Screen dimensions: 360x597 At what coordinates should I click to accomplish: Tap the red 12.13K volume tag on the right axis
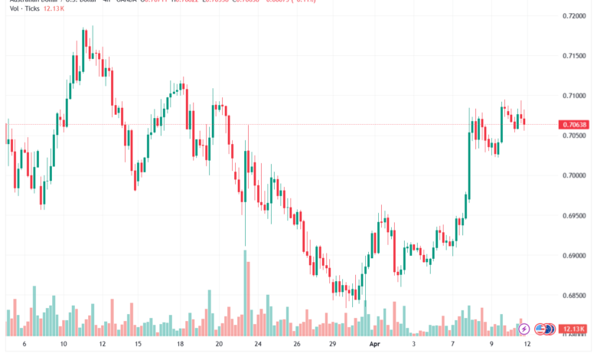pyautogui.click(x=573, y=328)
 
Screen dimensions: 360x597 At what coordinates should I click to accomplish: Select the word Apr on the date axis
pyautogui.click(x=374, y=346)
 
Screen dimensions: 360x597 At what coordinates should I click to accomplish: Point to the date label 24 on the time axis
pyautogui.click(x=259, y=346)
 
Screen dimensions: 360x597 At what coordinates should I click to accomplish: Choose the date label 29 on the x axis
pyautogui.click(x=334, y=346)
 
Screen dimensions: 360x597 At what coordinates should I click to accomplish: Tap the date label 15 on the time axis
pyautogui.click(x=139, y=346)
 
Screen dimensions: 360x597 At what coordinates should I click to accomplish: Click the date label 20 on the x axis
pyautogui.click(x=219, y=346)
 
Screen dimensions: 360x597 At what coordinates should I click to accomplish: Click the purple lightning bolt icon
pyautogui.click(x=524, y=329)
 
